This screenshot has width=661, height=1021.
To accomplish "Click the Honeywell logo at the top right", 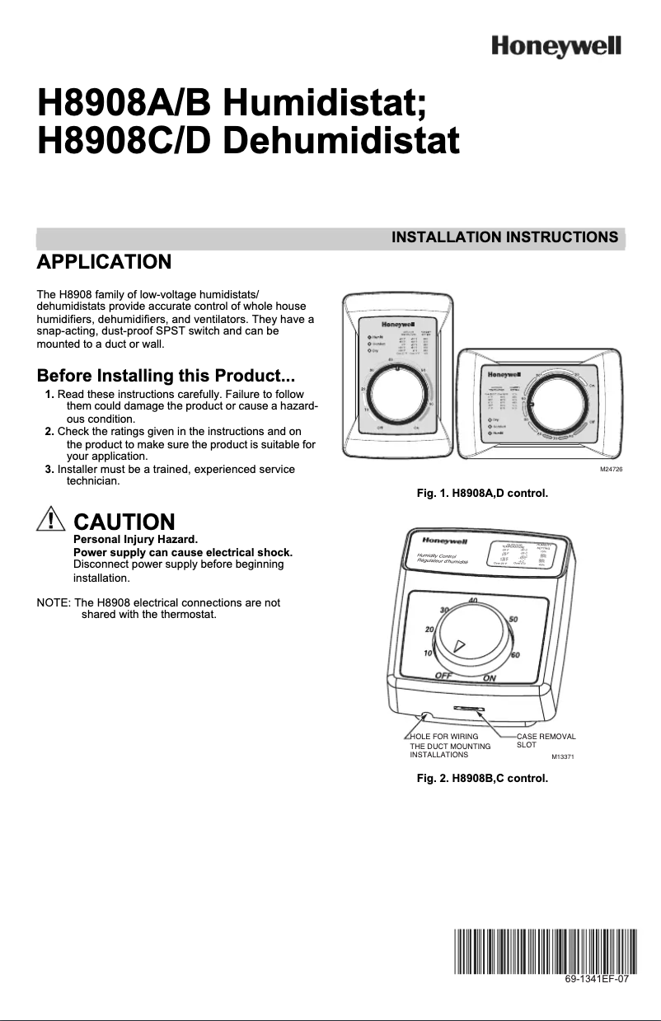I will click(556, 45).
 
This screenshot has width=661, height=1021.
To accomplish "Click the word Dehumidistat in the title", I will click(341, 141).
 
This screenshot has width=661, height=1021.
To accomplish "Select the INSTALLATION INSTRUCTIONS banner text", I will click(504, 238).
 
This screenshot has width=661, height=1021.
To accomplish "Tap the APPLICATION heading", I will click(104, 263).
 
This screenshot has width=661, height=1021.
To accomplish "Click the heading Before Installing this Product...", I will click(166, 377).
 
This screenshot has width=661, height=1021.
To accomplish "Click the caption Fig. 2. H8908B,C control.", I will click(482, 777).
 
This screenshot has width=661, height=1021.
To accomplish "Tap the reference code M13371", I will click(562, 756).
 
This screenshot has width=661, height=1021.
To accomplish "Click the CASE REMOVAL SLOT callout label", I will click(546, 739).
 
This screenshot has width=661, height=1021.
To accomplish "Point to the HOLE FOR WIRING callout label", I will click(444, 736).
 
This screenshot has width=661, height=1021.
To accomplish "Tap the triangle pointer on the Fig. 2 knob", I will click(460, 646).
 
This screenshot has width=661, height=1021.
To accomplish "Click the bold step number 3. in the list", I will click(49, 468).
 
